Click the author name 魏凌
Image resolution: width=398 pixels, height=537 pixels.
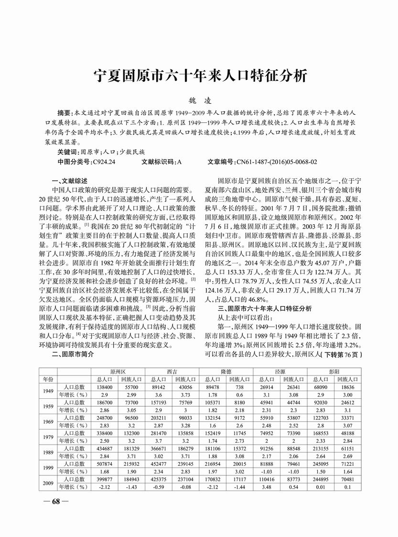pos(199,101)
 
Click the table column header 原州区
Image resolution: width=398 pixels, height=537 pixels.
pos(118,371)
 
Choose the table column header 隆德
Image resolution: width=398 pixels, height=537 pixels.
pos(225,371)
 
